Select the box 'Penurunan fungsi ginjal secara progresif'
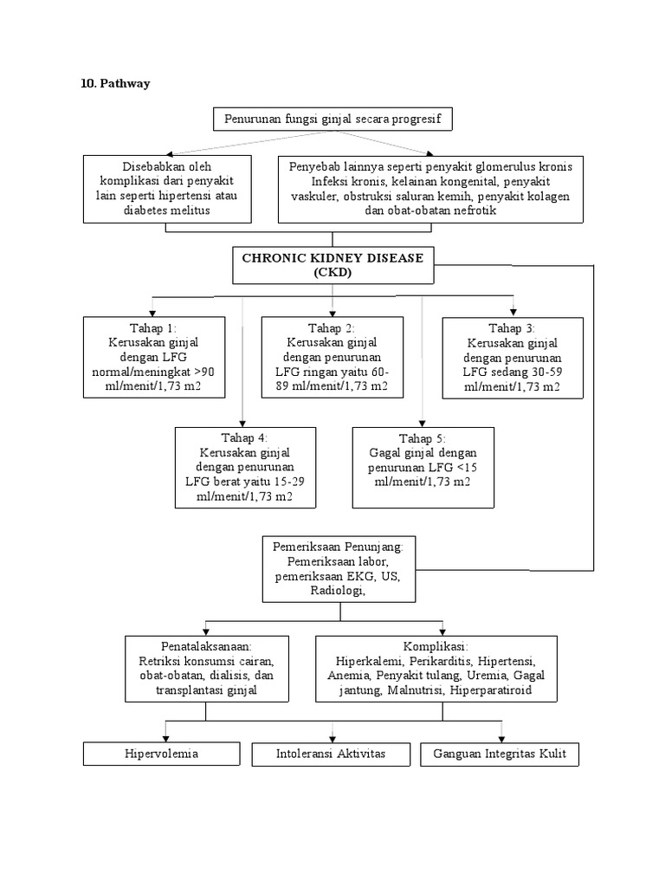coord(332,120)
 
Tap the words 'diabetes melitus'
coord(167,210)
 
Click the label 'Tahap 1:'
coord(152,328)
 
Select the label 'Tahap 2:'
coord(332,328)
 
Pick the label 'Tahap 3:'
coord(512,328)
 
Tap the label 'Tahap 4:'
coord(244,437)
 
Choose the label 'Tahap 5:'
coord(423,438)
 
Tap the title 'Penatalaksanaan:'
coord(205,647)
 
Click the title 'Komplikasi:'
coord(436,647)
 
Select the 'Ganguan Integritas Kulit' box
coord(499,754)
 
